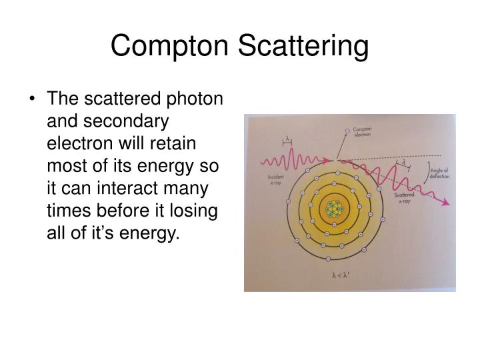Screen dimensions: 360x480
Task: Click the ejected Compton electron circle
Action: tap(347, 130)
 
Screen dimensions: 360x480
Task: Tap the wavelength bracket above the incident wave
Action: tap(287, 140)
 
